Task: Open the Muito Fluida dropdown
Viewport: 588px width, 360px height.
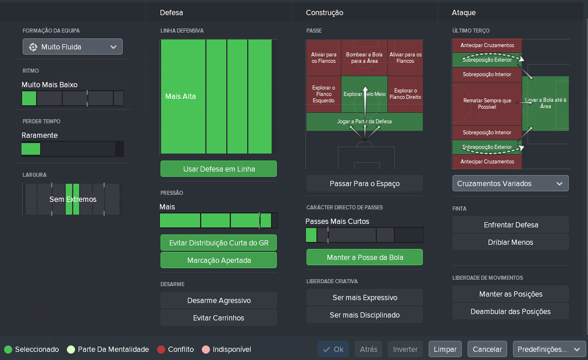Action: pos(72,47)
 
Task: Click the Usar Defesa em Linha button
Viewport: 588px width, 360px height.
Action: pos(219,169)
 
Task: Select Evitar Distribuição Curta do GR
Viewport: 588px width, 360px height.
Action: pos(219,243)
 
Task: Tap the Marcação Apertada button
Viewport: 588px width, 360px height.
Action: pos(219,260)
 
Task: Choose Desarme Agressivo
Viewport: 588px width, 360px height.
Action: pos(219,300)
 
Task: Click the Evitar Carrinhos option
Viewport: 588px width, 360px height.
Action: pos(219,318)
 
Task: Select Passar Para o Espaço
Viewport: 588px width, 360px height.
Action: pos(365,183)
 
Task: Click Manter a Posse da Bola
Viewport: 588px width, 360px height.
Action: pos(365,257)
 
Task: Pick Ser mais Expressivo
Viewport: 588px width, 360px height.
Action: pos(365,297)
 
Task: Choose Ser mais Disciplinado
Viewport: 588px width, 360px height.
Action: pos(365,315)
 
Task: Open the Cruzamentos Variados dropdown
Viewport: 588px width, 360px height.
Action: pos(511,183)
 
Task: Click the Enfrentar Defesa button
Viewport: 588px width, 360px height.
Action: pos(511,224)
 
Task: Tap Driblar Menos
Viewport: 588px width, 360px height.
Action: pos(511,243)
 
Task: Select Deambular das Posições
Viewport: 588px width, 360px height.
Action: pos(511,311)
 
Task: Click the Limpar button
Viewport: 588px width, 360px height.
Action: pos(445,349)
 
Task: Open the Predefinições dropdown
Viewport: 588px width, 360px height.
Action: pos(549,349)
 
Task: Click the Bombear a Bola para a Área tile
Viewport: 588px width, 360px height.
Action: pos(364,58)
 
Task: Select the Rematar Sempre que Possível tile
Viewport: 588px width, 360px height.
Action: pos(487,104)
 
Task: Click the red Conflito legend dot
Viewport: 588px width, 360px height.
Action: pos(161,350)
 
